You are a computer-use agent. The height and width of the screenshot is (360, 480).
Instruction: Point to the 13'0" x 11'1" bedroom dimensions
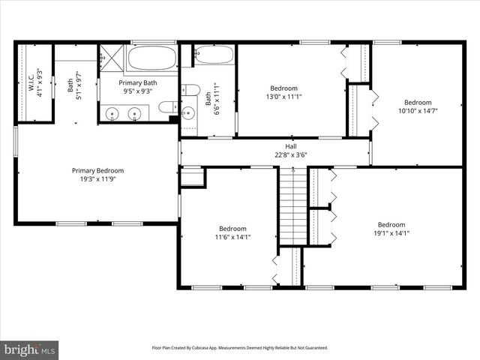[x=284, y=97]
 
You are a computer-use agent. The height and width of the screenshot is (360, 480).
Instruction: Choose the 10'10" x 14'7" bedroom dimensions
[x=418, y=111]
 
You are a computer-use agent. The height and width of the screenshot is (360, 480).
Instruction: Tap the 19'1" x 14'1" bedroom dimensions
[x=391, y=233]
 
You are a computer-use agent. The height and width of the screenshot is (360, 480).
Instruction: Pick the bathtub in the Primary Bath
[x=151, y=59]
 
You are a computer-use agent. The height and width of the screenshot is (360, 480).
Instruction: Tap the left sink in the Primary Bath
[x=112, y=115]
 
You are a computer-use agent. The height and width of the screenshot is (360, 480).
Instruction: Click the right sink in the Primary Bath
[x=135, y=115]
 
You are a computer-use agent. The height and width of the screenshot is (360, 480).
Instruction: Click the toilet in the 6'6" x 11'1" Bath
[x=191, y=91]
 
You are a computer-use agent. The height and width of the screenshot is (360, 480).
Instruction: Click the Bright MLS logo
[x=29, y=349]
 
